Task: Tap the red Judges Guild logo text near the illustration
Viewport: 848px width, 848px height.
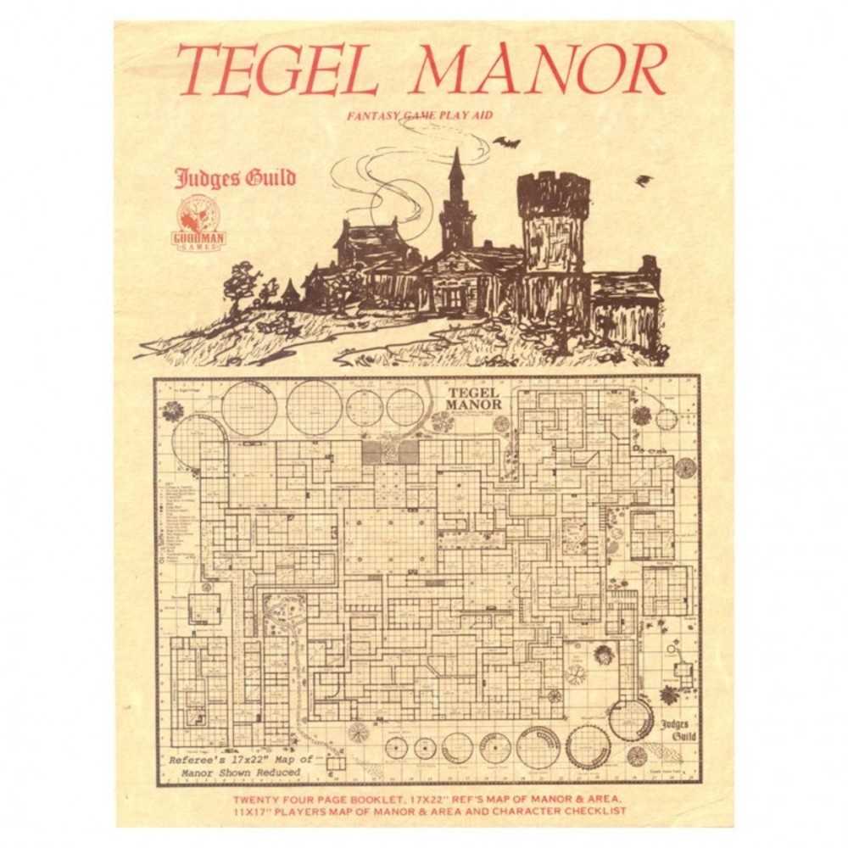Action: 235,179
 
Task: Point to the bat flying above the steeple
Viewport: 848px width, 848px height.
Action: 506,142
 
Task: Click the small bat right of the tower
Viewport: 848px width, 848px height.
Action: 644,180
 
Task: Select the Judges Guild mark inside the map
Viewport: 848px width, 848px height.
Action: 678,729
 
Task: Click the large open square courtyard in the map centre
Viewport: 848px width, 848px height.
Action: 390,540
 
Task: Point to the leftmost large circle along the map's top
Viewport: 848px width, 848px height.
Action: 249,409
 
